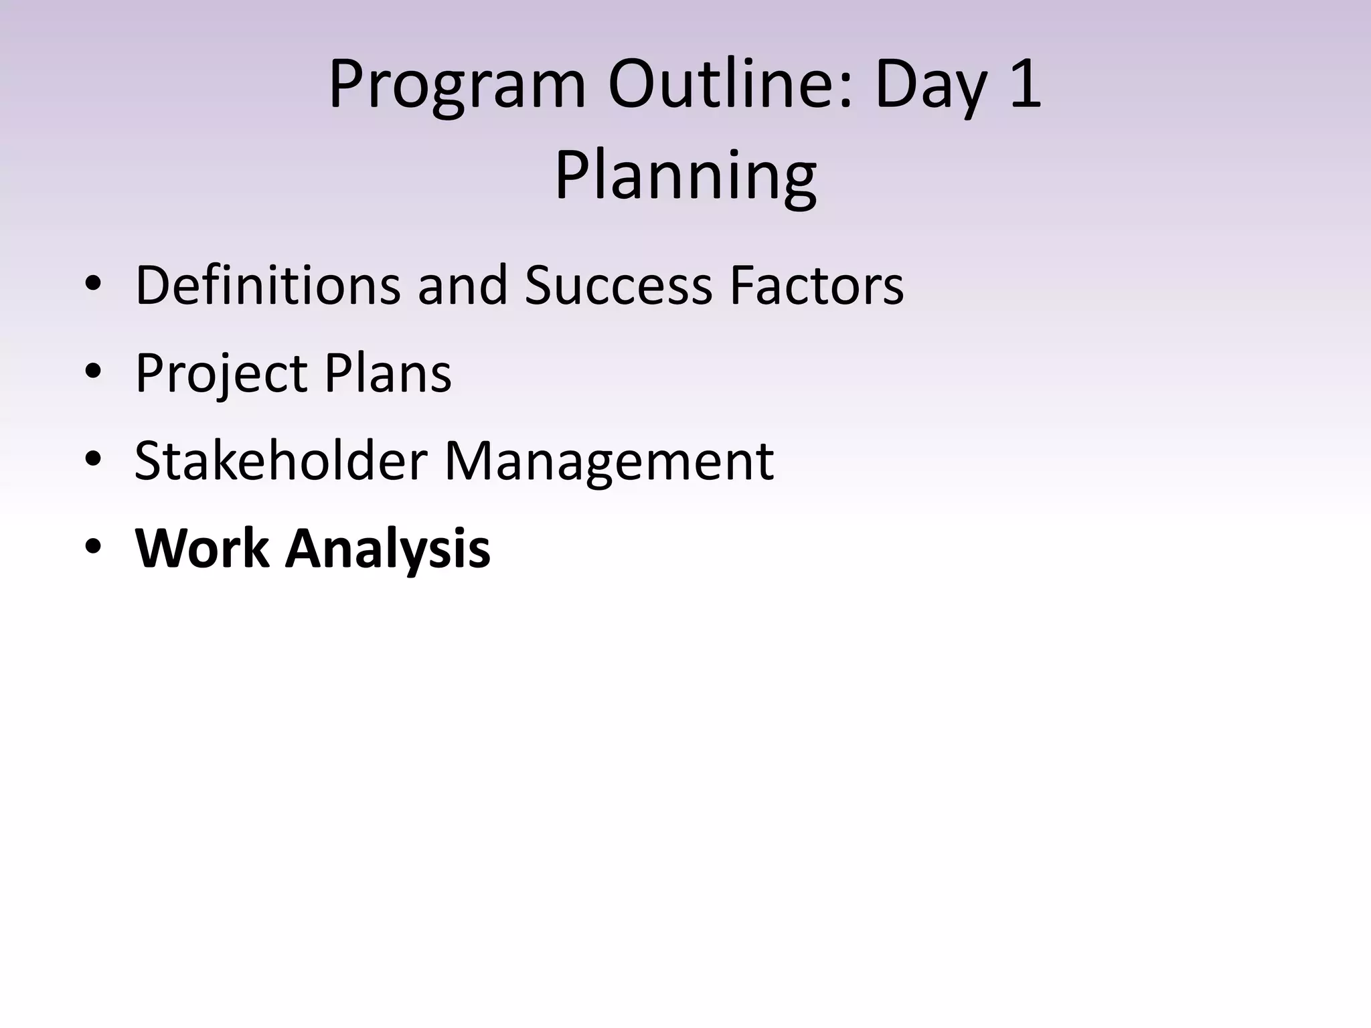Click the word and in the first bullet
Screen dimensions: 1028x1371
[x=463, y=285]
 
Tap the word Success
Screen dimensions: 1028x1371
[x=618, y=285]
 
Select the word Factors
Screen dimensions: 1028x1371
[x=816, y=285]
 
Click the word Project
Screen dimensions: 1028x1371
[x=221, y=373]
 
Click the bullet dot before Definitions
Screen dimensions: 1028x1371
[x=93, y=285]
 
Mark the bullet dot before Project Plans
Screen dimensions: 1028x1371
[x=93, y=373]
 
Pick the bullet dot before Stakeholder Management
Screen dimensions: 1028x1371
[x=93, y=460]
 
